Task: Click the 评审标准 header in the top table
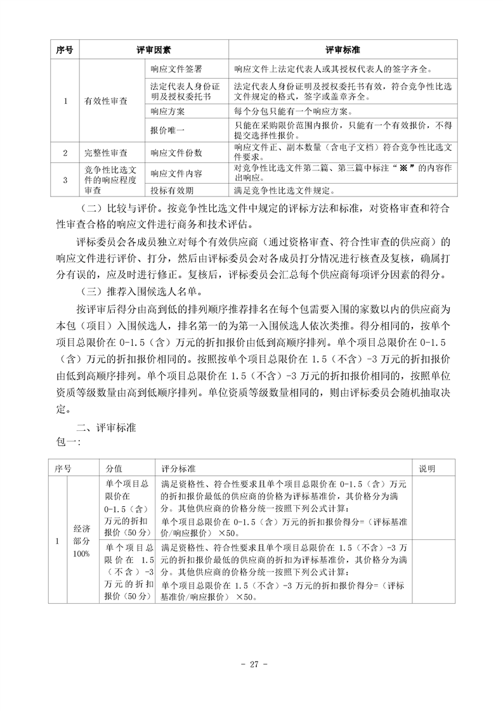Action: (x=344, y=49)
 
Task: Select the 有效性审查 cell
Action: (x=106, y=100)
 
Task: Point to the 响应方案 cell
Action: (x=167, y=111)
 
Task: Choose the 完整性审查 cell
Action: (x=106, y=153)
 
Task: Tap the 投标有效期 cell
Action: (x=173, y=189)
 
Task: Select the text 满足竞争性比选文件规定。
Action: (x=284, y=189)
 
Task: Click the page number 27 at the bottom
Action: (x=251, y=665)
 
